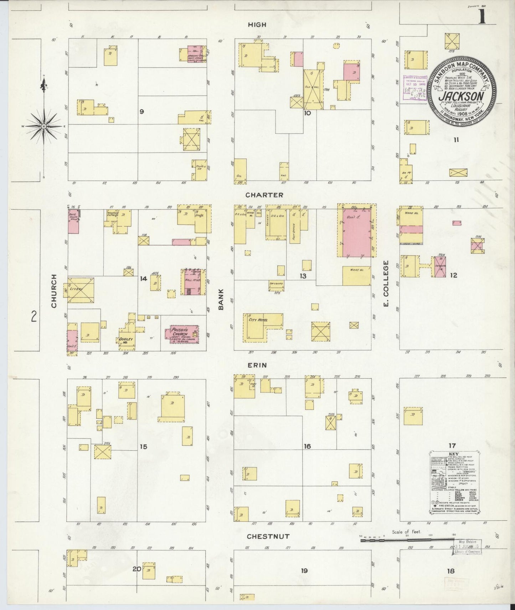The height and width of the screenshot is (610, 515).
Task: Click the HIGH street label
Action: click(x=257, y=25)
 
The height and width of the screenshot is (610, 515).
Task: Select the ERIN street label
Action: click(x=258, y=365)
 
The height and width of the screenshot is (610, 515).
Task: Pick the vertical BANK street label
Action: click(x=221, y=299)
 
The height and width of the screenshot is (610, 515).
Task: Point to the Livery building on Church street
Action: click(x=79, y=290)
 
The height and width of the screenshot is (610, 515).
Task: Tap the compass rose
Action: click(x=43, y=126)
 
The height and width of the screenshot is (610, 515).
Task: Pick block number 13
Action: click(x=303, y=276)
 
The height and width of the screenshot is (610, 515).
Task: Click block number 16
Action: click(x=307, y=446)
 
